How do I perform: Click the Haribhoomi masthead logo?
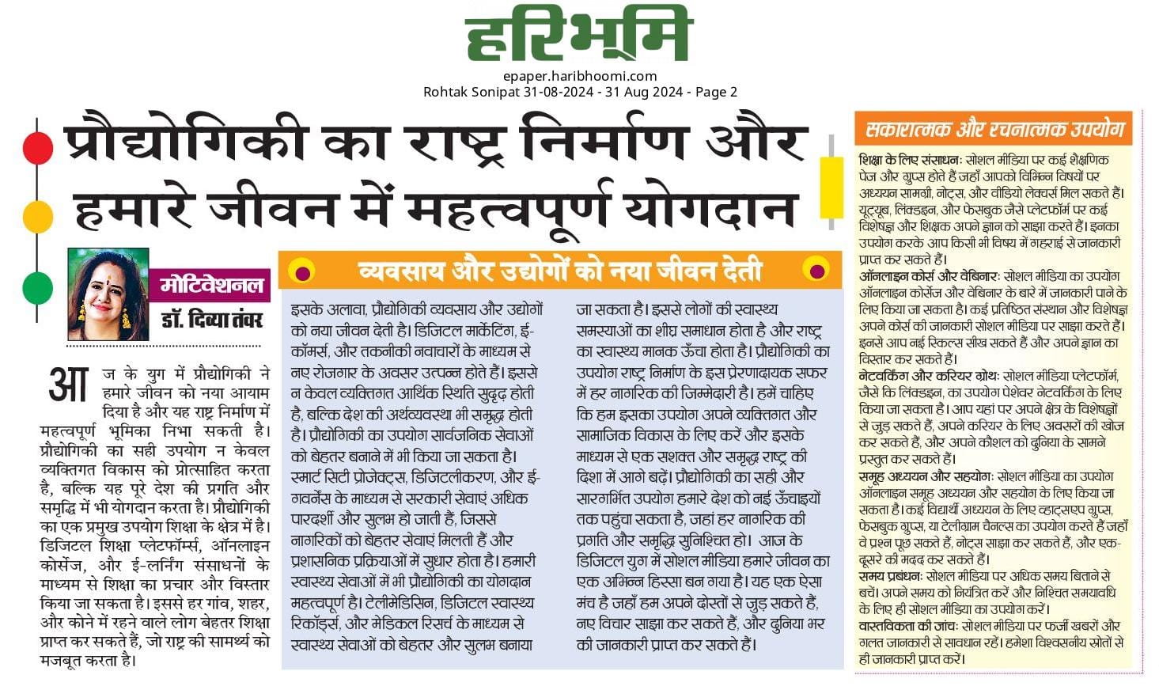tap(578, 35)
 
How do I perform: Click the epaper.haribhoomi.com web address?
tap(580, 76)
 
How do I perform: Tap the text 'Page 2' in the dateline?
tap(716, 92)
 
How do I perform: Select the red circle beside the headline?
tap(37, 147)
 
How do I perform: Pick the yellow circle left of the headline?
tap(37, 215)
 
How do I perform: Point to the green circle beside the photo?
tap(37, 287)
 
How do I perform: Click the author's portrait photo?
tap(108, 294)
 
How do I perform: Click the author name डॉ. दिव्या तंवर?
tap(212, 320)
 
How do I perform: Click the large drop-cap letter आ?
tap(68, 385)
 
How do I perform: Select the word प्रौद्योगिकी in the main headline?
tap(185, 142)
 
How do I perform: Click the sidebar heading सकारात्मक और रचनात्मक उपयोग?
tap(994, 128)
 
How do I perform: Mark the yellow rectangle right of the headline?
tap(831, 188)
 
